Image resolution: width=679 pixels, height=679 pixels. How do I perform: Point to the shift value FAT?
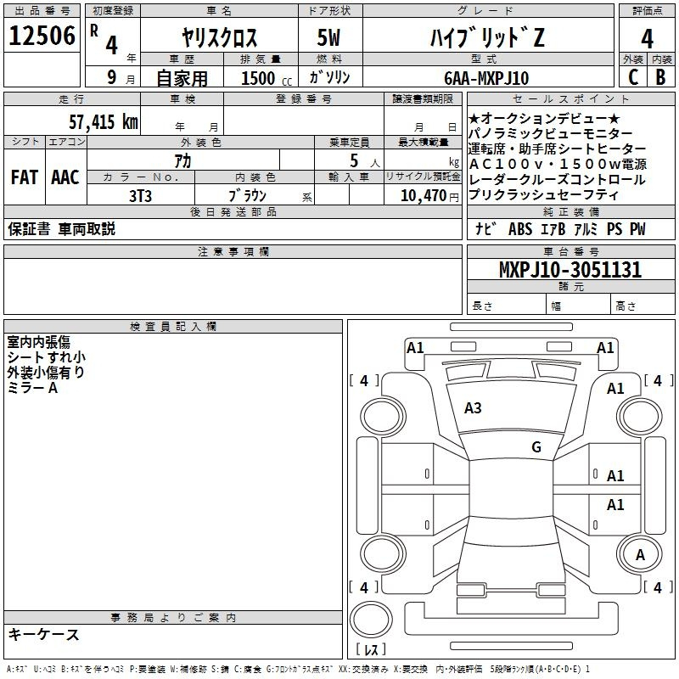23,177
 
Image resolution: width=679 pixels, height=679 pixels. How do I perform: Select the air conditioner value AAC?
65,177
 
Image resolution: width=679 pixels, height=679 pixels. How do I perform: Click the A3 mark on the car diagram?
473,408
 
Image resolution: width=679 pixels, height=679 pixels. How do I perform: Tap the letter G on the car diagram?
536,447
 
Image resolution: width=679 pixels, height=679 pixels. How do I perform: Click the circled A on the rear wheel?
641,555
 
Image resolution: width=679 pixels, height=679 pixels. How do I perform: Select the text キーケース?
43,634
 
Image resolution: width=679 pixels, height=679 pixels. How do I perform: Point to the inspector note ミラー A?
32,388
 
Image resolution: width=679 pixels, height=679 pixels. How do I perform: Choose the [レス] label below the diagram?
371,650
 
